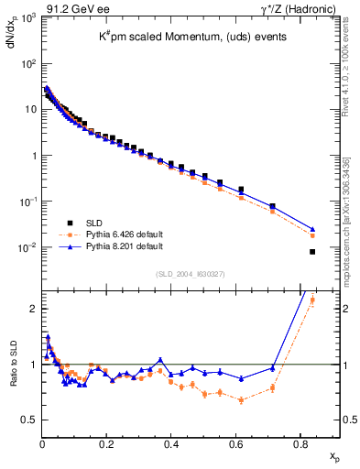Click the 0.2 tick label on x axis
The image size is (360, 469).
[x=107, y=444]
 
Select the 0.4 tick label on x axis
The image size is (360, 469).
[x=172, y=444]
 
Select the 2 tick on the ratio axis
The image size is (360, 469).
[x=31, y=309]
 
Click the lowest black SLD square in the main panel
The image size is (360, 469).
[x=312, y=252]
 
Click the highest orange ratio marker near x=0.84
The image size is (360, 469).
[x=312, y=300]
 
